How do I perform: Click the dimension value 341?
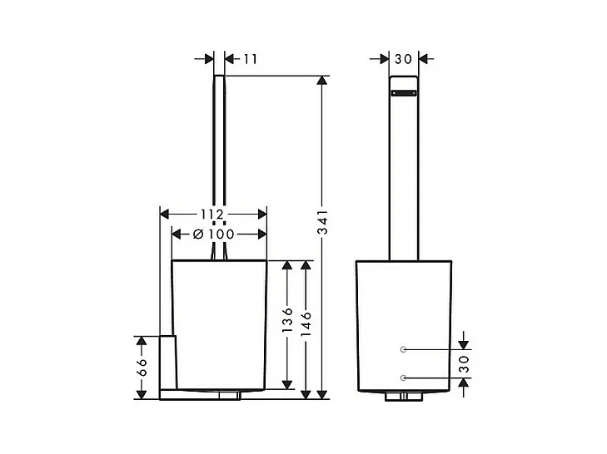point(322,222)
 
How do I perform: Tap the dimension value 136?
point(287,320)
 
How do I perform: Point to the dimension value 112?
point(212,214)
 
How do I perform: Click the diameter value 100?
point(221,234)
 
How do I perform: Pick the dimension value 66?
point(142,367)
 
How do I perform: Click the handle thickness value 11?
point(250,59)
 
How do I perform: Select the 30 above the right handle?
point(403,59)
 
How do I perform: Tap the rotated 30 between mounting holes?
point(464,364)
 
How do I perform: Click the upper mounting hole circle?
point(403,349)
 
